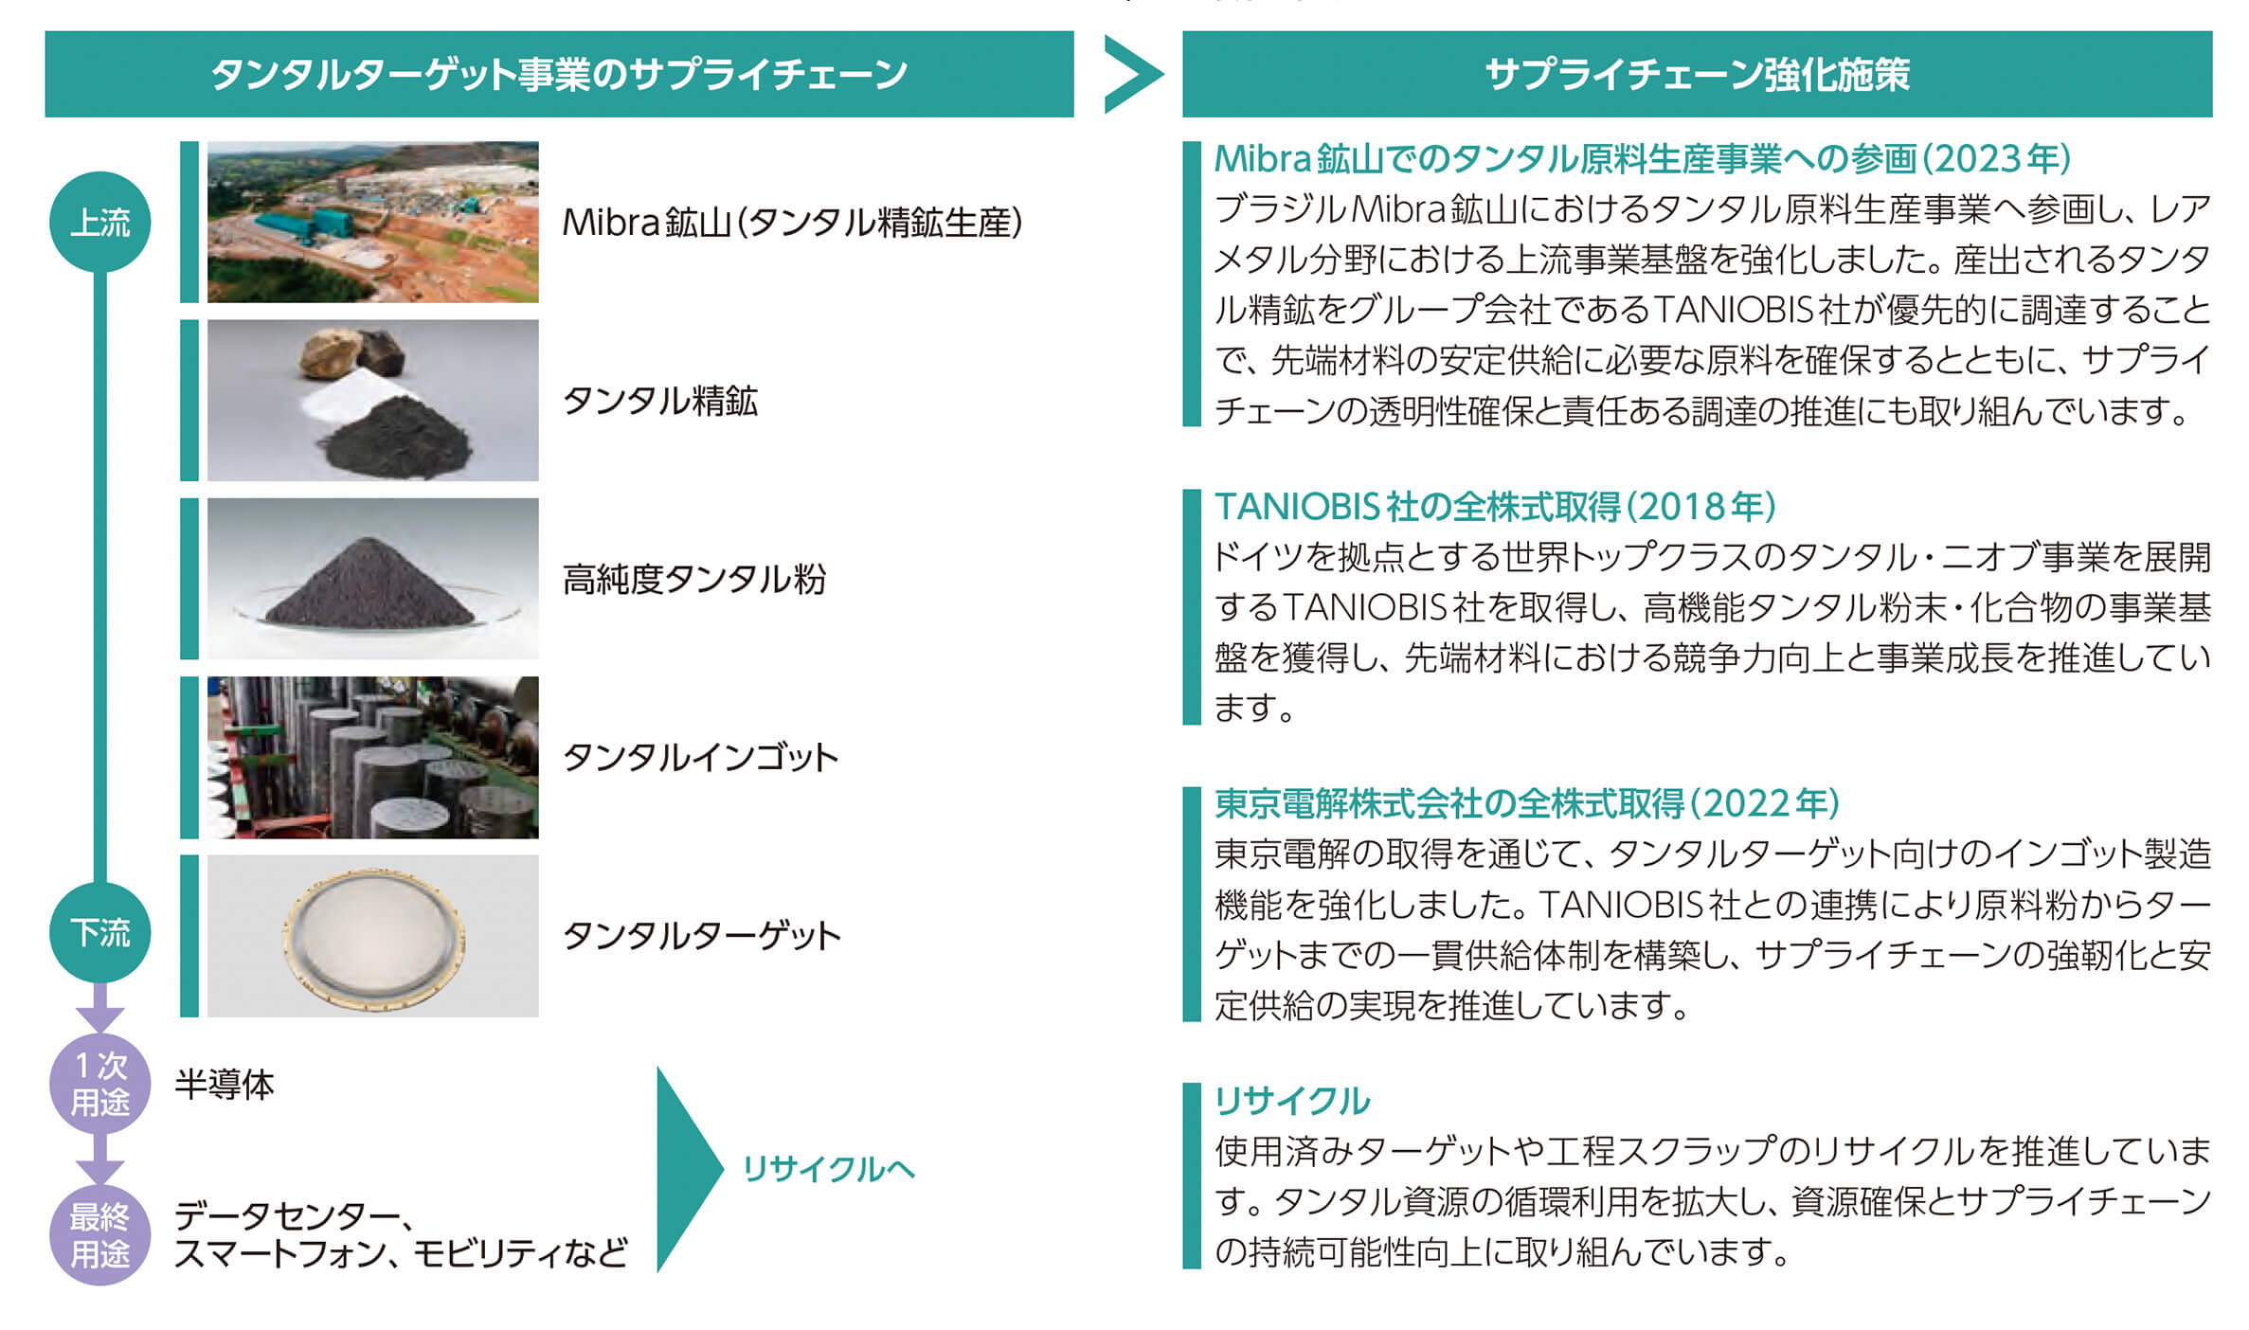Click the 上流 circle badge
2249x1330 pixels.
tap(99, 222)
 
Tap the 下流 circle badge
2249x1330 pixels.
tap(99, 932)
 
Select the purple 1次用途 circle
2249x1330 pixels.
tap(99, 1084)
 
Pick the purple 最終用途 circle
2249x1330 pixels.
tap(99, 1234)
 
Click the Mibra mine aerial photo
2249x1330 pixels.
tap(373, 222)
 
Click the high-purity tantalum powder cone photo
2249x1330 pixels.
tap(373, 578)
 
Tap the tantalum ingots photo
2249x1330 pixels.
tap(373, 757)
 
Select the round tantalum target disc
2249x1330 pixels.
tap(373, 937)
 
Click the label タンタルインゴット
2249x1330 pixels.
tap(700, 757)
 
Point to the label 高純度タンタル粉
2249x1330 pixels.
tap(694, 579)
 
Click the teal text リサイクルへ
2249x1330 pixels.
tap(828, 1169)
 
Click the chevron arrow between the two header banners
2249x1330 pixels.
tap(1132, 74)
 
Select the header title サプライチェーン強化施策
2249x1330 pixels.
tap(1697, 74)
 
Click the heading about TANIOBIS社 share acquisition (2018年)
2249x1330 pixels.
tap(1495, 507)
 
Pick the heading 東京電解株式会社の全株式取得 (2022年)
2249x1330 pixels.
tap(1527, 803)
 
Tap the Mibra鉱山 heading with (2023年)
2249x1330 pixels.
tap(1643, 159)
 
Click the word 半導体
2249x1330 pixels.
tap(225, 1085)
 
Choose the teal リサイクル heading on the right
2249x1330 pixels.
tap(1292, 1101)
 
